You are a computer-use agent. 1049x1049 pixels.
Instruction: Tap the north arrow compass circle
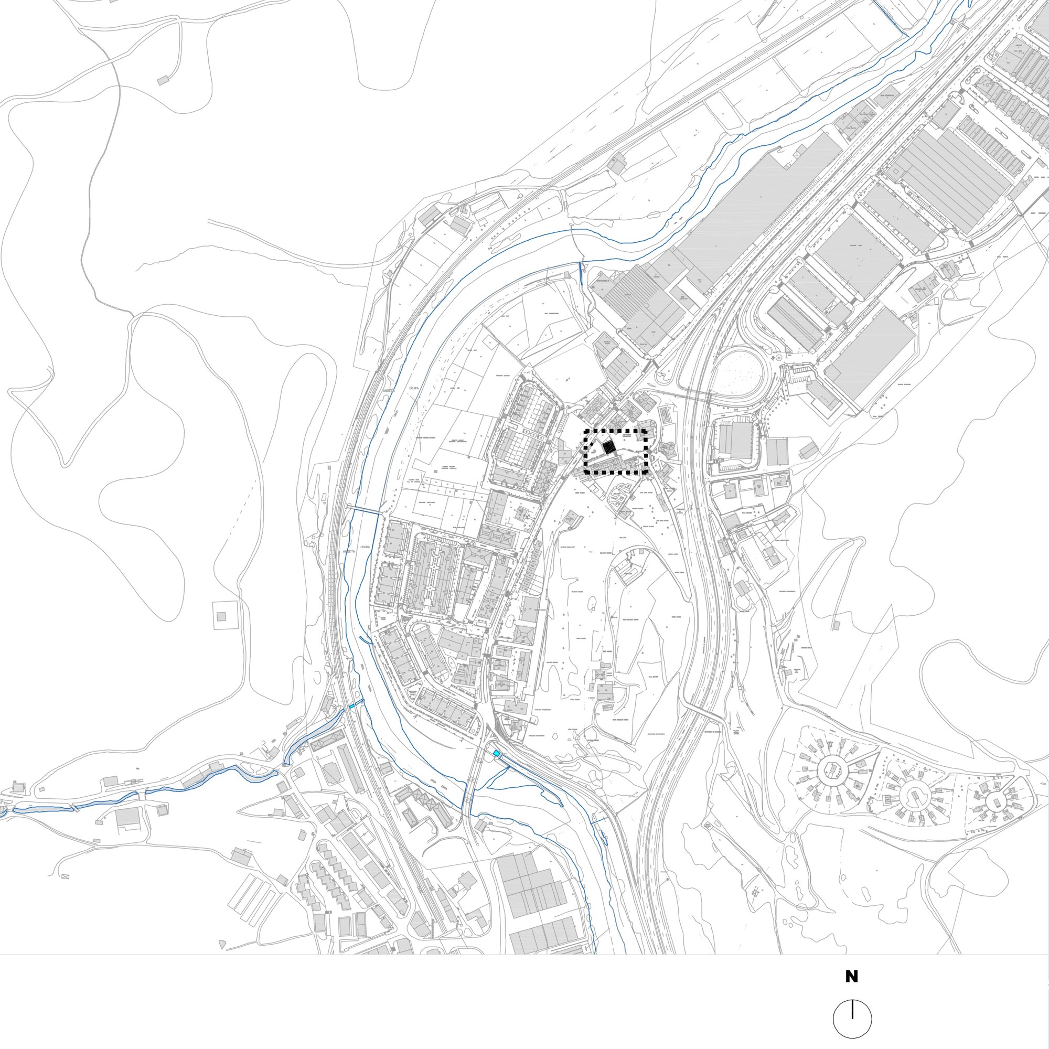coord(852,1019)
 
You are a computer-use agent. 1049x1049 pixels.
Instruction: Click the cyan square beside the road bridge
coord(496,753)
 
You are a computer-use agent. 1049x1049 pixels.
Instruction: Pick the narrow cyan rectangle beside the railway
coord(352,706)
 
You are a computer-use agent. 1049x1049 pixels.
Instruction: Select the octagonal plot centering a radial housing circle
coord(830,769)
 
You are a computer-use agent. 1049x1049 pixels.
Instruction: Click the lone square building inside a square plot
coord(221,616)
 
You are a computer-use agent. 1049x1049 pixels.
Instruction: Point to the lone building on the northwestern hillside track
coord(163,80)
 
